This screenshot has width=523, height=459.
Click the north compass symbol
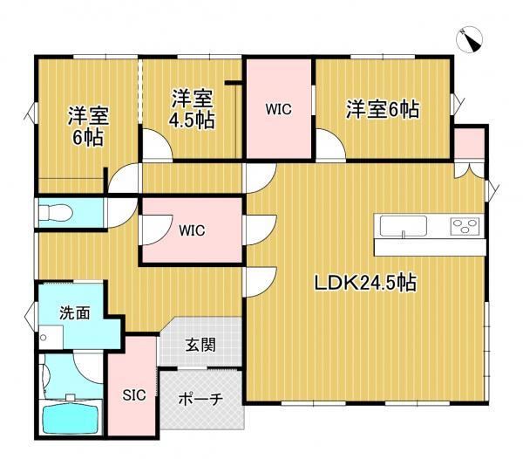469,40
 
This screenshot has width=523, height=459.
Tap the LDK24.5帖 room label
365,283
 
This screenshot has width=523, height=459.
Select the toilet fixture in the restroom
56,212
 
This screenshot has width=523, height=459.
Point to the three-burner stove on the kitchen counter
465,226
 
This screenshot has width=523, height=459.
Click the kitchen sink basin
404,226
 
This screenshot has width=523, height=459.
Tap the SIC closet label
134,395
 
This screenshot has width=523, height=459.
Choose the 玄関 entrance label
200,345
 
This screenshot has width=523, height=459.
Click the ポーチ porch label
200,399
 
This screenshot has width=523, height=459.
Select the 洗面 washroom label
75,313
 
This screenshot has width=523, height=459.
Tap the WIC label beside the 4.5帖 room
279,109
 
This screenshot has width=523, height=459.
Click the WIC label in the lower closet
192,230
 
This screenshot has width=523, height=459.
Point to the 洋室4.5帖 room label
192,109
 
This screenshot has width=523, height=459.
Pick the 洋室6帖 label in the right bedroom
383,109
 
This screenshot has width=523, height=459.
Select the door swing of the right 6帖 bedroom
331,147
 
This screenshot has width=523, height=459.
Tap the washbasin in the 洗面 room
51,338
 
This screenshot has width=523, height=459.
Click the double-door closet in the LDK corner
469,169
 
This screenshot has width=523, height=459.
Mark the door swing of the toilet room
122,213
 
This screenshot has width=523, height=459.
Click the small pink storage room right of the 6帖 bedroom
469,143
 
